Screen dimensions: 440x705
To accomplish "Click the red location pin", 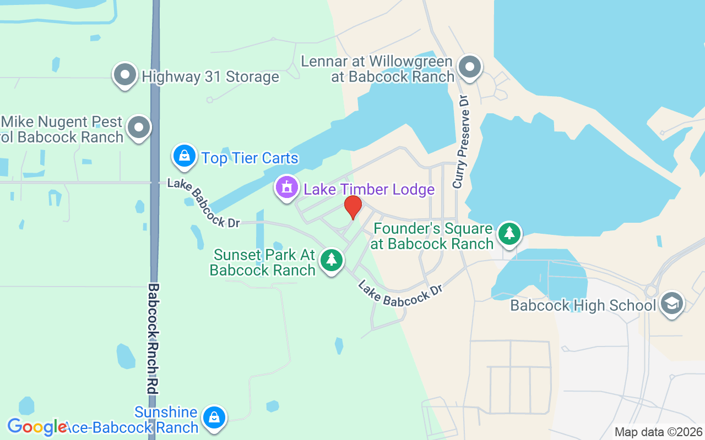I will tap(353, 207).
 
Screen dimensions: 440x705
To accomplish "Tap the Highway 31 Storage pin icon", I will tap(125, 74).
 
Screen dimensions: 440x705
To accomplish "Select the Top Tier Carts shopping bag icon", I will tap(185, 157).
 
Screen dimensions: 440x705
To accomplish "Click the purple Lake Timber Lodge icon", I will tap(286, 188).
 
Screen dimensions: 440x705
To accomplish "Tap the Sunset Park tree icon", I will tap(331, 260).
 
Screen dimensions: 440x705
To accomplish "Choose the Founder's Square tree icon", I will tap(510, 234).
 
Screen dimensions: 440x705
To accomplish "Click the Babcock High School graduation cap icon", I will tap(672, 303).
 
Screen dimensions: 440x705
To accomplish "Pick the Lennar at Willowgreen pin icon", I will tap(470, 67).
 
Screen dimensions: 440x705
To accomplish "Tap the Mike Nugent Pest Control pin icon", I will tap(139, 128).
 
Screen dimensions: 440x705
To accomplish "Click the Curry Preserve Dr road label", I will tap(461, 142).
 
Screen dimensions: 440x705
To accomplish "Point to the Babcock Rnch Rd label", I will tap(153, 338).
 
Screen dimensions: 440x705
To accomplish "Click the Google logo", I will tap(36, 427).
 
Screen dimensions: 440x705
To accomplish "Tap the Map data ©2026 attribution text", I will tap(658, 432).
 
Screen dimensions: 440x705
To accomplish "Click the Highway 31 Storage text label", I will tap(210, 76).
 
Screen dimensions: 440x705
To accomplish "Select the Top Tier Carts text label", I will tap(250, 158).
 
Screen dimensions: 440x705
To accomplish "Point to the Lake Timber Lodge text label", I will tap(369, 190).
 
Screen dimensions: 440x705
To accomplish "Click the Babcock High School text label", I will tap(583, 305).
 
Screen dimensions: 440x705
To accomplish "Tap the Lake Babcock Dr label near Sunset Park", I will tap(400, 293).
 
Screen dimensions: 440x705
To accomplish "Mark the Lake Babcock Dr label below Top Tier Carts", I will tap(204, 203).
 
